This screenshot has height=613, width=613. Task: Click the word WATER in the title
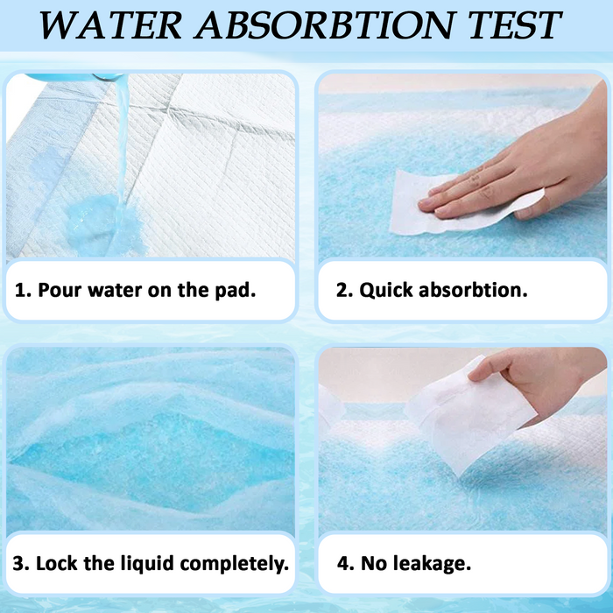110,25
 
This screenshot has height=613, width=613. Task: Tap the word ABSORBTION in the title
325,25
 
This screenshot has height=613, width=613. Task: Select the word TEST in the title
515,25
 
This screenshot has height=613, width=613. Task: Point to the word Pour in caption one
60,290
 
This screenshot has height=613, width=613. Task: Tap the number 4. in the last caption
346,564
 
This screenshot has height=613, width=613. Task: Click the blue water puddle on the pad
103,226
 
